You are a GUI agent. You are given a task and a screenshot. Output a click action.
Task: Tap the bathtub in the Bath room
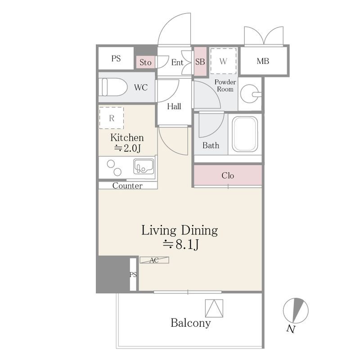245,134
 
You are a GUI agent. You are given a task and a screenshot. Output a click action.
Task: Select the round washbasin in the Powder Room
250,94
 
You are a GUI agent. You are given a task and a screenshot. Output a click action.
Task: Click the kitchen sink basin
144,166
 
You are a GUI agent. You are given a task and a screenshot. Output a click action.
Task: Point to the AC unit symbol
154,260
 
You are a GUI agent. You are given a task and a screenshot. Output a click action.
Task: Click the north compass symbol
296,310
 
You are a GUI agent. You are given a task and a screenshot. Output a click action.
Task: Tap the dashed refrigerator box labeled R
112,118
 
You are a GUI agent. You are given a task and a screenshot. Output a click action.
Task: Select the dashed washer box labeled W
223,61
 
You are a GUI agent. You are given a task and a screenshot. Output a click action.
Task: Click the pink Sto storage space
145,62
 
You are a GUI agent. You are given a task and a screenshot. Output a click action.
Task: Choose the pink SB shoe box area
200,61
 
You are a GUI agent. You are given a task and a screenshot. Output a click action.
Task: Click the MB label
263,61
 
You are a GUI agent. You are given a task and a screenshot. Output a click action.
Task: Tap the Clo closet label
228,175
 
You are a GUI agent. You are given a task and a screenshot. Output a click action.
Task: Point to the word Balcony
190,323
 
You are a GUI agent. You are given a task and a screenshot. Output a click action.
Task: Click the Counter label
127,185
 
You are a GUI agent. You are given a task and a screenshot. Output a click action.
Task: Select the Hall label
174,106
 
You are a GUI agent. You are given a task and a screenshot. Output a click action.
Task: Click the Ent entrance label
177,62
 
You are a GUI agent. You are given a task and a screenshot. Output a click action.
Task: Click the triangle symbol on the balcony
214,308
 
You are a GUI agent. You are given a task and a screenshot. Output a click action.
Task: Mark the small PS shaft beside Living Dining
133,274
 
